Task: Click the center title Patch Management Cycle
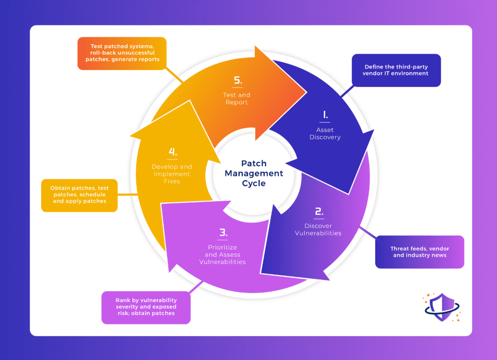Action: [x=253, y=173]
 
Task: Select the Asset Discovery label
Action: [x=325, y=133]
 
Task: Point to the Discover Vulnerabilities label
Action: [x=318, y=229]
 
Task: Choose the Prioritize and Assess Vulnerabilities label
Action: [x=222, y=255]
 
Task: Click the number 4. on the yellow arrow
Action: [x=172, y=152]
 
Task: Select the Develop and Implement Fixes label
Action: [x=172, y=174]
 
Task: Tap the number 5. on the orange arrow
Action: [x=237, y=80]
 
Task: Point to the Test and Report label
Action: [x=237, y=99]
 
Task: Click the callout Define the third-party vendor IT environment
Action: [x=396, y=70]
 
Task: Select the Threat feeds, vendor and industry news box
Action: [x=419, y=252]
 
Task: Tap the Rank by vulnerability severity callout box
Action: [x=146, y=307]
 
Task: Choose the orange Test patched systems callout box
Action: [x=122, y=53]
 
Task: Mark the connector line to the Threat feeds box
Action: [x=367, y=233]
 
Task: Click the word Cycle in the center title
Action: [x=254, y=184]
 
